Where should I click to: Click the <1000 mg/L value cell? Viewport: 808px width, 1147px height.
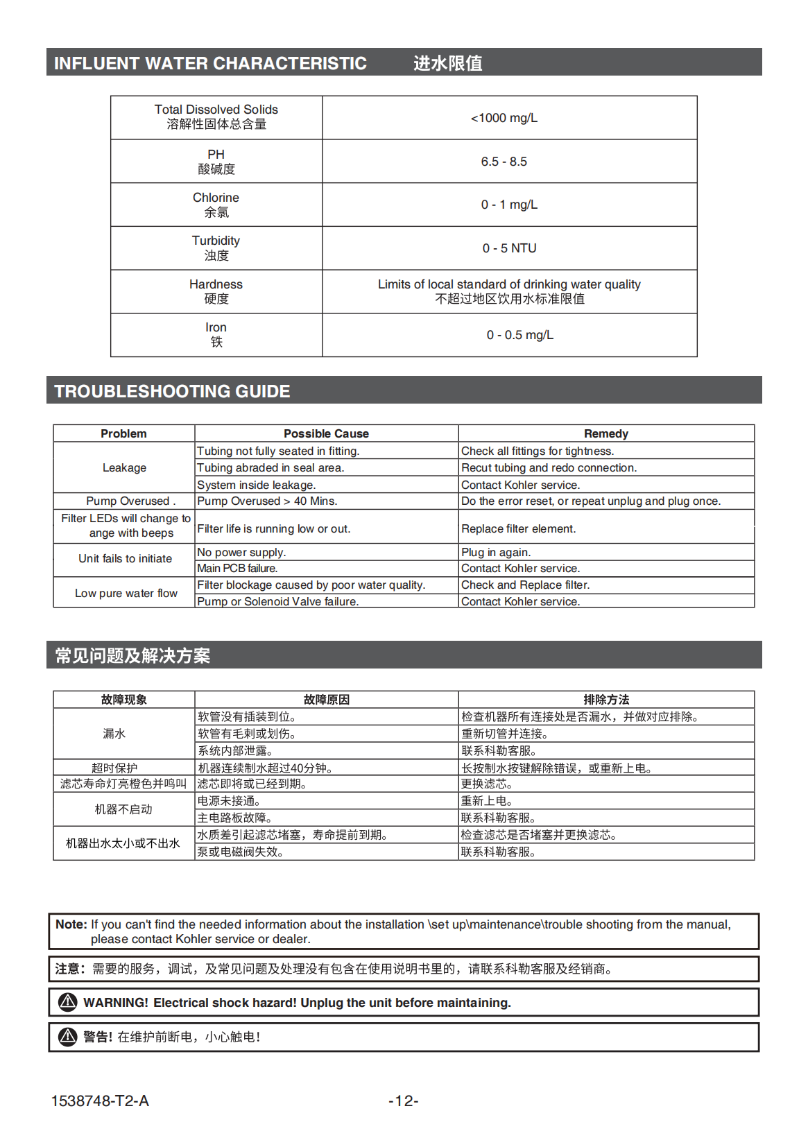(504, 118)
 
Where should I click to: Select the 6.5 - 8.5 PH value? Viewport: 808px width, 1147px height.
(504, 162)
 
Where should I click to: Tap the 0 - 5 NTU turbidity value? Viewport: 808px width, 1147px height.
(509, 248)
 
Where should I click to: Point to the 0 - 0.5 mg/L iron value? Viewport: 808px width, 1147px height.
(519, 335)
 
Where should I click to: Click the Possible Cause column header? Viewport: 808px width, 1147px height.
(326, 433)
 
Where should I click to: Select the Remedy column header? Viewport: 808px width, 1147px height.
(605, 433)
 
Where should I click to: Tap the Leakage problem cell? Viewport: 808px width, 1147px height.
(124, 467)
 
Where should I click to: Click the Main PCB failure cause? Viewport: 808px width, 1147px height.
(237, 568)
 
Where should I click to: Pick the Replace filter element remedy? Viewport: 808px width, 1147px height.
(518, 528)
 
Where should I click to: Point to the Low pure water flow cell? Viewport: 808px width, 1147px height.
(126, 593)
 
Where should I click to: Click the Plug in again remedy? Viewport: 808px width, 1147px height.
(495, 552)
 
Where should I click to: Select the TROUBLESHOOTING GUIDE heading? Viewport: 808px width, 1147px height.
(172, 391)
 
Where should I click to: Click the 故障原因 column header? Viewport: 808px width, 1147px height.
(326, 700)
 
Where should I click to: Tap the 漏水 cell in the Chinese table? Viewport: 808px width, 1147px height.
(114, 734)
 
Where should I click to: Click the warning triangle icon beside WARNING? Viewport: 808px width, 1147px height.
(67, 1002)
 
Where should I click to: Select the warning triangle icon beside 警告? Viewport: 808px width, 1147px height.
(67, 1037)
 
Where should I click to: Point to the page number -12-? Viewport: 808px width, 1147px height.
(403, 1101)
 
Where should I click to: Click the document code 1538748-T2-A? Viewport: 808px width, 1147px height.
(100, 1101)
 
